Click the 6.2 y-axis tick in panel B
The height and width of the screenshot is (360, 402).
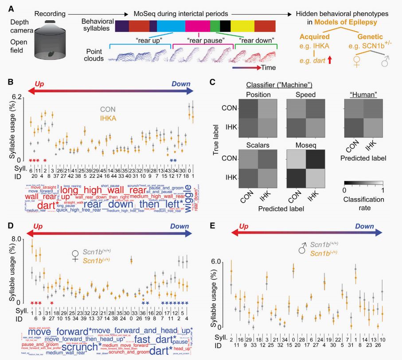point(16,96)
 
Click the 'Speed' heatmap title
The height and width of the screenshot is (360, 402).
point(304,95)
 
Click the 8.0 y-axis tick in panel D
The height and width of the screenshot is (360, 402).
point(16,238)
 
